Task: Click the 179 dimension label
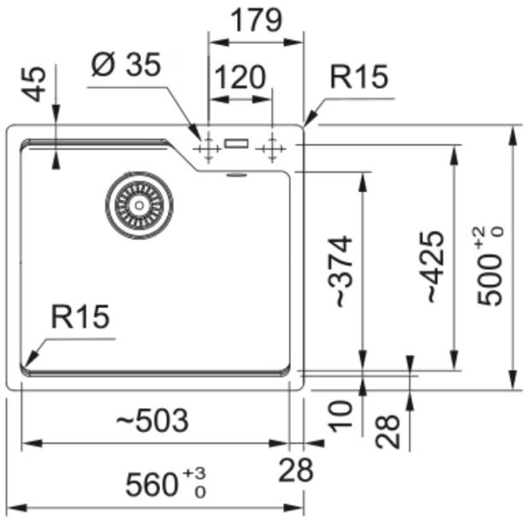coord(257,20)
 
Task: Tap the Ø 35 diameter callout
coord(127,66)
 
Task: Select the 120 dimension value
coord(240,78)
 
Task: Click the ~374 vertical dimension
coord(340,272)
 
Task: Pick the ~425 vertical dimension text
coord(434,267)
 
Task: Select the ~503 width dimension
coord(152,420)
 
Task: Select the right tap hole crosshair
coord(271,150)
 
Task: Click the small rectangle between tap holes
coord(236,144)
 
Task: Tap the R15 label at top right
coord(359,78)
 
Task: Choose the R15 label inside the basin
coord(80,317)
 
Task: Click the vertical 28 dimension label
coord(388,430)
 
